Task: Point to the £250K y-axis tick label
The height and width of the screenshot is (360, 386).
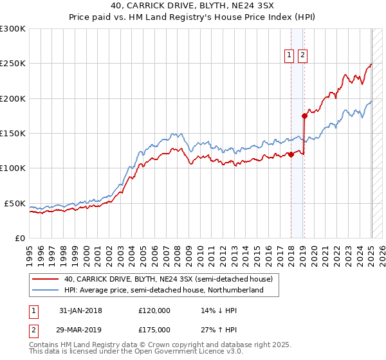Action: click(12, 64)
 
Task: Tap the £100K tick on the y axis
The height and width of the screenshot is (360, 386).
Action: click(12, 168)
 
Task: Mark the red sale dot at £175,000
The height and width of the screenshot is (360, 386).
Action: click(304, 116)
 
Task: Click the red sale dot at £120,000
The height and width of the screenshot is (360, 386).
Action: click(291, 154)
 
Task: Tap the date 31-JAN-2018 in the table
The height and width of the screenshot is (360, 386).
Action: click(80, 310)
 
